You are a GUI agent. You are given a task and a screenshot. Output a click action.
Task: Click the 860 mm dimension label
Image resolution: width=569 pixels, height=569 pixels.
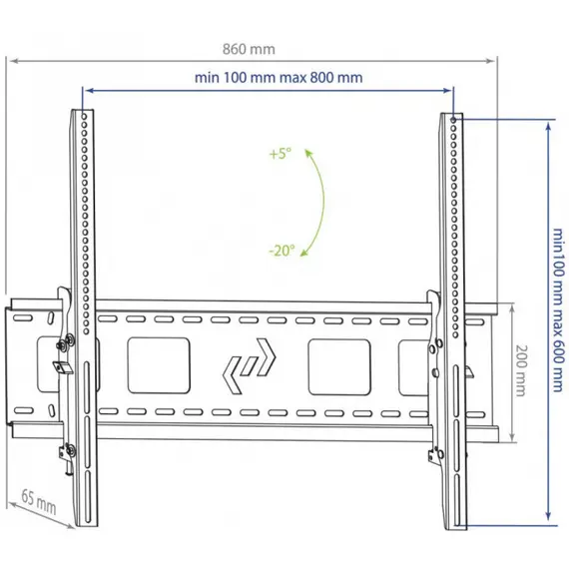[x=249, y=49]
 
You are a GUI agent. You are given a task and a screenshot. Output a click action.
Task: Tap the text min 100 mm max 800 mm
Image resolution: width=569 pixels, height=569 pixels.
[x=279, y=77]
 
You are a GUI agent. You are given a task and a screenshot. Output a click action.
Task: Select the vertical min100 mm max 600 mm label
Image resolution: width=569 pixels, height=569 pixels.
[x=558, y=309]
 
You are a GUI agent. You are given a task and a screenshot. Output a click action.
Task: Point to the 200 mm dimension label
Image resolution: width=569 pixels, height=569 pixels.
[x=521, y=370]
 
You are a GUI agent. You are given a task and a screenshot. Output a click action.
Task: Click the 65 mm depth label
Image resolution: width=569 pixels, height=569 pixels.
[x=39, y=502]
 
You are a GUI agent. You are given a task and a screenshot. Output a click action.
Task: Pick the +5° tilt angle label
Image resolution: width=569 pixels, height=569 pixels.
[x=281, y=154]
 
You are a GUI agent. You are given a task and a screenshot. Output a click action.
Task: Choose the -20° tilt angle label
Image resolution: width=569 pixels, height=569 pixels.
[x=282, y=251]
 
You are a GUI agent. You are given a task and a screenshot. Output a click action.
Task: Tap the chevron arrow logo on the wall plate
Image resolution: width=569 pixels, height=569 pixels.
[x=249, y=366]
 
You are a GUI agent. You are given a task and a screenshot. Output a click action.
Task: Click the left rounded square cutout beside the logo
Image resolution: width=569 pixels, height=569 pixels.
[x=159, y=365]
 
